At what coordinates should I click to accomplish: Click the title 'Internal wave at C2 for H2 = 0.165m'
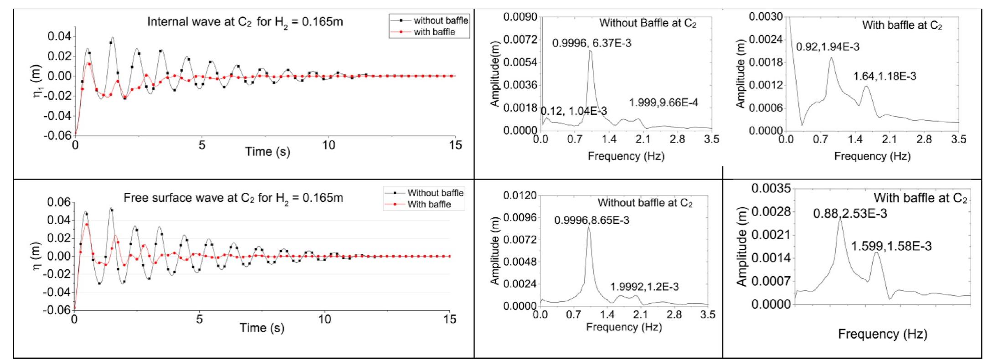(245, 22)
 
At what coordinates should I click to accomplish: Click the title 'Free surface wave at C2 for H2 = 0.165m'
(233, 198)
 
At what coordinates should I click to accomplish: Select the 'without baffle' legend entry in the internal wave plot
(440, 21)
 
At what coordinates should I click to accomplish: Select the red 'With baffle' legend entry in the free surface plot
(429, 204)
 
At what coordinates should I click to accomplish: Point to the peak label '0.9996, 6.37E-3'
(592, 44)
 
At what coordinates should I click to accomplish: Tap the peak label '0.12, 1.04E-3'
(573, 111)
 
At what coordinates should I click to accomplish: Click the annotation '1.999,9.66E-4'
(663, 103)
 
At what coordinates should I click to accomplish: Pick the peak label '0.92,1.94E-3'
(828, 47)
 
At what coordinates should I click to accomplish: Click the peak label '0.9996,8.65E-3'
(592, 221)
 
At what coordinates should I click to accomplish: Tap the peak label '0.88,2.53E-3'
(850, 214)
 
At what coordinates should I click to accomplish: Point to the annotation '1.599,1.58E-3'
(891, 247)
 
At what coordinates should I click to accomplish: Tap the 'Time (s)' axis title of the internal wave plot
(268, 151)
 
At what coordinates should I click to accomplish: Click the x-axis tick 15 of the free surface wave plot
(450, 319)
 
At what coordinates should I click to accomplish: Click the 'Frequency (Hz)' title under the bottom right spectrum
(882, 334)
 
